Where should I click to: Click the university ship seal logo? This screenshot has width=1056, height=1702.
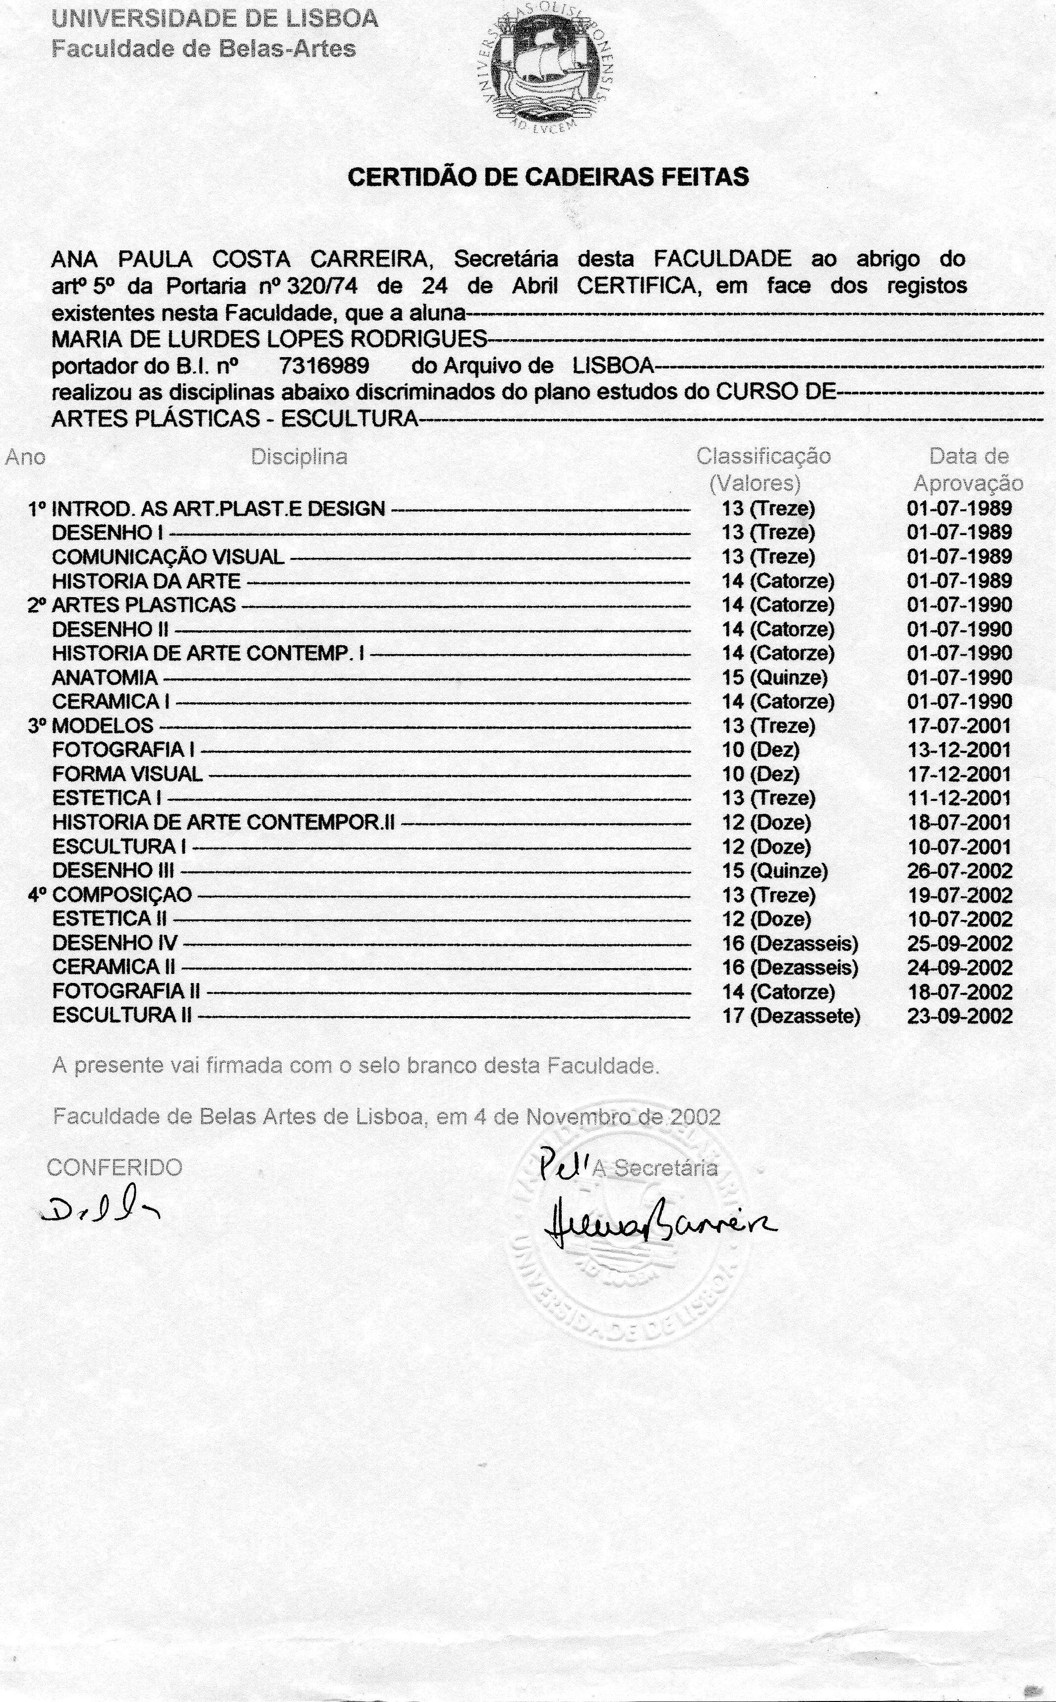[549, 69]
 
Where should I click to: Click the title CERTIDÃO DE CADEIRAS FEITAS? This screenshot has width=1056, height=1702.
[548, 177]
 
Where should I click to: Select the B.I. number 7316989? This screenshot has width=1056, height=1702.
[324, 366]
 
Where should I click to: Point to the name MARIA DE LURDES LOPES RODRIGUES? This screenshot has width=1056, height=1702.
[269, 339]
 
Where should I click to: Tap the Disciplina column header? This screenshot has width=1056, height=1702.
[299, 457]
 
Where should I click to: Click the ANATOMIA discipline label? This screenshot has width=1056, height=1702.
[105, 677]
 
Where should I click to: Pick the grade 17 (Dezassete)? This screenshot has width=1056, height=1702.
[791, 1016]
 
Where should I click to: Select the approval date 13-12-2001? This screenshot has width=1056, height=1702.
[959, 750]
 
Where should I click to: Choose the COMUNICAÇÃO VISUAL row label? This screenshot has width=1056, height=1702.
[168, 556]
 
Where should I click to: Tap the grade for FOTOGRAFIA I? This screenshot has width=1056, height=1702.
[761, 750]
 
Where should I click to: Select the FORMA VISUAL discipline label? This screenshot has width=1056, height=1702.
[127, 774]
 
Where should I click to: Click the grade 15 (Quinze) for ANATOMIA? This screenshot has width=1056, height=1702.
[774, 677]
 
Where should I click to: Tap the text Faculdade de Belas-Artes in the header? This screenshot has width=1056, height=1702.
[204, 49]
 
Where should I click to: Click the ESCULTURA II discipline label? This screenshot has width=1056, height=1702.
[121, 1016]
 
